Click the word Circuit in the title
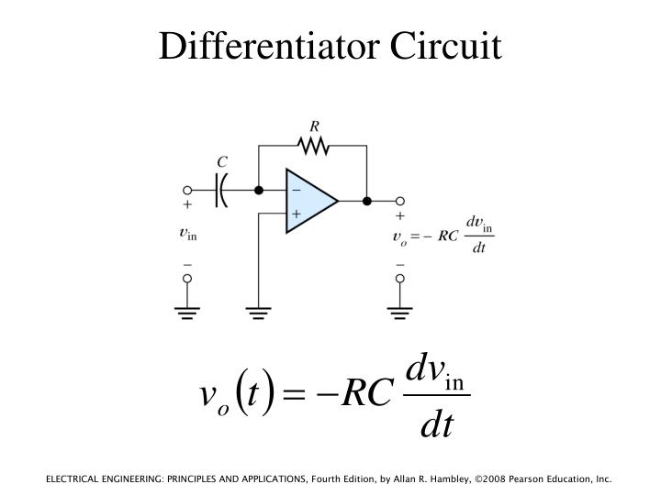[447, 46]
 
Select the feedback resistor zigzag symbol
[313, 144]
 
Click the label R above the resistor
[315, 126]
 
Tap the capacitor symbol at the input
[221, 191]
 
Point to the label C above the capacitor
[222, 163]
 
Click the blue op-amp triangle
[308, 201]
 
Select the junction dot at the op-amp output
[367, 201]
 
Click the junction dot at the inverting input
[259, 191]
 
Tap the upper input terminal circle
[188, 191]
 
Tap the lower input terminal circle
[188, 277]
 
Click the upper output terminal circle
[400, 201]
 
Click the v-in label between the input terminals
[187, 234]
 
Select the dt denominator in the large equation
[437, 425]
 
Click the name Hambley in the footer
[431, 479]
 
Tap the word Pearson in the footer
[520, 479]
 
